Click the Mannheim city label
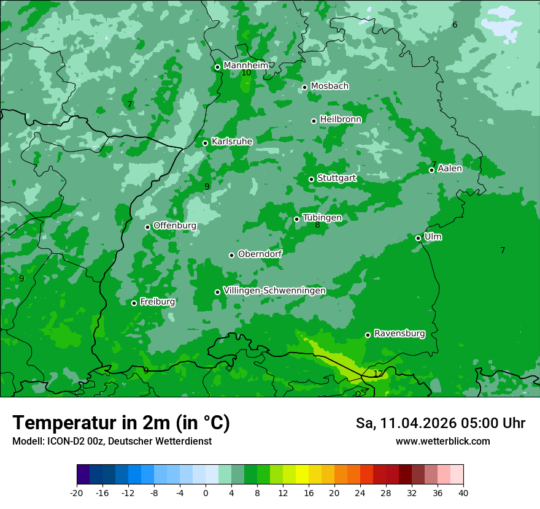pos(245,65)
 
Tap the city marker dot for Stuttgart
pos(311,179)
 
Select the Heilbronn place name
pos(341,119)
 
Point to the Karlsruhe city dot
pos(205,143)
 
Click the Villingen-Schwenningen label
pos(274,290)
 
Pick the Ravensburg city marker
pos(368,335)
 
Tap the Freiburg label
pos(157,302)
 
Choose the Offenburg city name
pos(175,226)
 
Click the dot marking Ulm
pos(418,238)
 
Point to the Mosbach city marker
pos(304,87)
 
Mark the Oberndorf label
pos(260,254)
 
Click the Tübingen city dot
pos(296,219)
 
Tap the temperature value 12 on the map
pos(378,373)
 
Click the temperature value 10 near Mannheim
pos(246,73)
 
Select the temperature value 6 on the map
pos(455,25)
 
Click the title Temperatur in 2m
pos(121,423)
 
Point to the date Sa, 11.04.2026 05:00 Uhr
pos(441,423)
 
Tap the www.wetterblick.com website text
pos(442,441)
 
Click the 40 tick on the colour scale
pos(463,492)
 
